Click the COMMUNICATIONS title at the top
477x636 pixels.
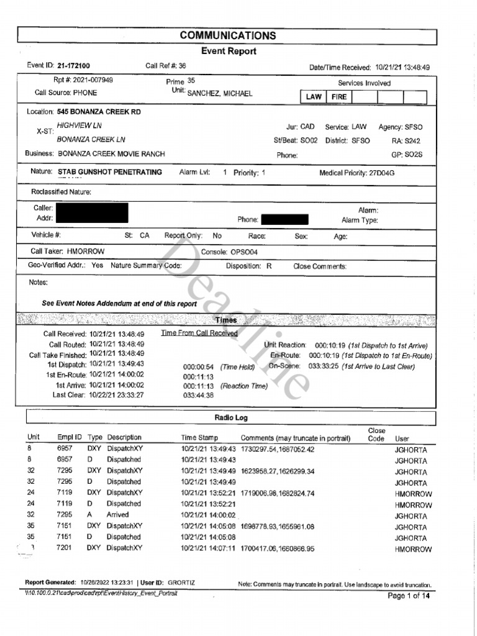click(x=228, y=35)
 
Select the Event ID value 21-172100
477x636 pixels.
click(x=73, y=66)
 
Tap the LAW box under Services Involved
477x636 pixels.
click(x=314, y=97)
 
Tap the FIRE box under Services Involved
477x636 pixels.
click(x=339, y=97)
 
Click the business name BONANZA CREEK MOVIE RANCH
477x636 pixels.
click(x=111, y=153)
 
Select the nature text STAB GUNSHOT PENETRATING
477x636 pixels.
click(x=110, y=172)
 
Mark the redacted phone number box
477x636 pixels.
click(x=284, y=219)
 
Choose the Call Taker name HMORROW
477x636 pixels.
click(x=86, y=252)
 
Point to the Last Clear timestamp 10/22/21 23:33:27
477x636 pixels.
click(x=117, y=395)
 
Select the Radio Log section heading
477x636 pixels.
click(x=231, y=418)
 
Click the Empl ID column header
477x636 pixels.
click(x=70, y=438)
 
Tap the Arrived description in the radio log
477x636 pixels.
click(x=118, y=515)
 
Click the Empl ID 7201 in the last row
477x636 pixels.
click(x=65, y=548)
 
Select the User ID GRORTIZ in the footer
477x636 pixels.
click(x=181, y=583)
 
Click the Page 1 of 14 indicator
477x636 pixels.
click(x=408, y=596)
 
